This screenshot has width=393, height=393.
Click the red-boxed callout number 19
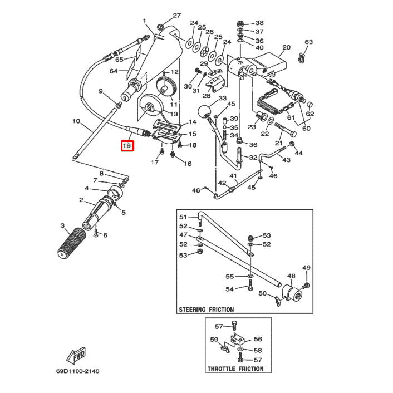click(127, 146)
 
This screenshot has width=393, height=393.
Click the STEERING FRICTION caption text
click(206, 309)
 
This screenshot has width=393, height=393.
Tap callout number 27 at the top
click(177, 16)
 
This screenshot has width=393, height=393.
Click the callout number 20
click(286, 48)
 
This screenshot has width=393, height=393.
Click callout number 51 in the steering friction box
click(183, 217)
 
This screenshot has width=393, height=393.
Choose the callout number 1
click(144, 21)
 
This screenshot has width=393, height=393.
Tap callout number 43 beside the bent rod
click(286, 160)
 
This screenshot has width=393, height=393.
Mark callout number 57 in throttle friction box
click(219, 326)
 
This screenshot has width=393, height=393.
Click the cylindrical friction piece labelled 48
click(291, 293)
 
